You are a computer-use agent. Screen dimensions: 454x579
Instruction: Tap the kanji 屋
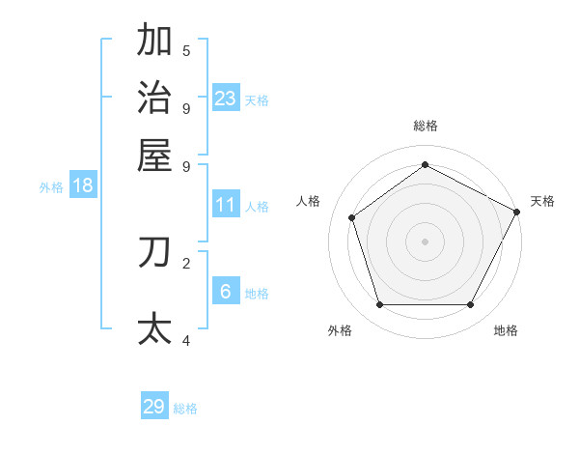click(x=155, y=155)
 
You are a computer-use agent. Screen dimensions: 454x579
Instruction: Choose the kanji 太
click(x=155, y=327)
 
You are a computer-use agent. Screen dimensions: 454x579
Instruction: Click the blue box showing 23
click(x=226, y=98)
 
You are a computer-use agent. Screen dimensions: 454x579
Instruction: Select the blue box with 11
click(x=226, y=205)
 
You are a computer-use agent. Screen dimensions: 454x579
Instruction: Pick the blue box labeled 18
click(x=83, y=185)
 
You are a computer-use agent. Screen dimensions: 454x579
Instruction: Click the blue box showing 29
click(x=154, y=407)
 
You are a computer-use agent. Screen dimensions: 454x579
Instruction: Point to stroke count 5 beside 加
click(x=186, y=50)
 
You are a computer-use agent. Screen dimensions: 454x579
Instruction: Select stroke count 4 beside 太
click(x=186, y=340)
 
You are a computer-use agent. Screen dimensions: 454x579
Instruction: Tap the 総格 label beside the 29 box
click(x=185, y=409)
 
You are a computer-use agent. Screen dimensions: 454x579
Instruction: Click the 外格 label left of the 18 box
click(x=51, y=187)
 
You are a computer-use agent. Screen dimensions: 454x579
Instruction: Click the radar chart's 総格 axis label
click(x=426, y=126)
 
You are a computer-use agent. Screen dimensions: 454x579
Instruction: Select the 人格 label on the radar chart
click(x=309, y=201)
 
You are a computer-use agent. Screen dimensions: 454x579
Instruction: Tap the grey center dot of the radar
click(x=426, y=241)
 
